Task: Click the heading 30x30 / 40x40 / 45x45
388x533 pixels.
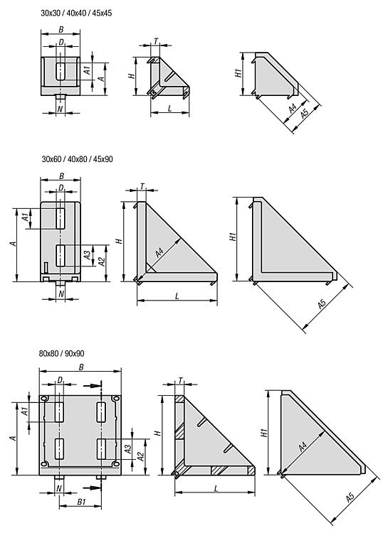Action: click(x=76, y=14)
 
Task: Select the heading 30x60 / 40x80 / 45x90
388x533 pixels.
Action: click(x=78, y=159)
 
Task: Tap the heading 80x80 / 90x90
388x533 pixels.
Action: click(x=62, y=353)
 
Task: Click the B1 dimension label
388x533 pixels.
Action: click(x=81, y=502)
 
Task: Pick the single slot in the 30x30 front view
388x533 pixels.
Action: click(x=61, y=71)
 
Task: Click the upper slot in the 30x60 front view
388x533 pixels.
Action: click(x=61, y=219)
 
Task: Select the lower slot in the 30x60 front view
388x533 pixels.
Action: click(x=61, y=255)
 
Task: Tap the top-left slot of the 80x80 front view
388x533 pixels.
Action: click(x=59, y=412)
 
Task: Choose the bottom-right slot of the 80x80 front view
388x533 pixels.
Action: click(x=101, y=448)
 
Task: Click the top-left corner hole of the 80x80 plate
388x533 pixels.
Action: click(x=44, y=399)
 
